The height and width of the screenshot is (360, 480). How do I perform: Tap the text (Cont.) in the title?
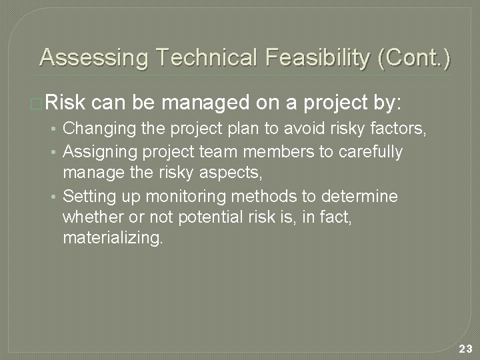click(414, 58)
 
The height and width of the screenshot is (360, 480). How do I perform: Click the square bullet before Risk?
click(39, 103)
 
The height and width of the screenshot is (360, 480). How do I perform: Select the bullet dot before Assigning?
click(57, 152)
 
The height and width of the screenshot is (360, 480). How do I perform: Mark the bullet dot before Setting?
click(57, 197)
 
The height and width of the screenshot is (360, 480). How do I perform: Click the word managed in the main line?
click(202, 103)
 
